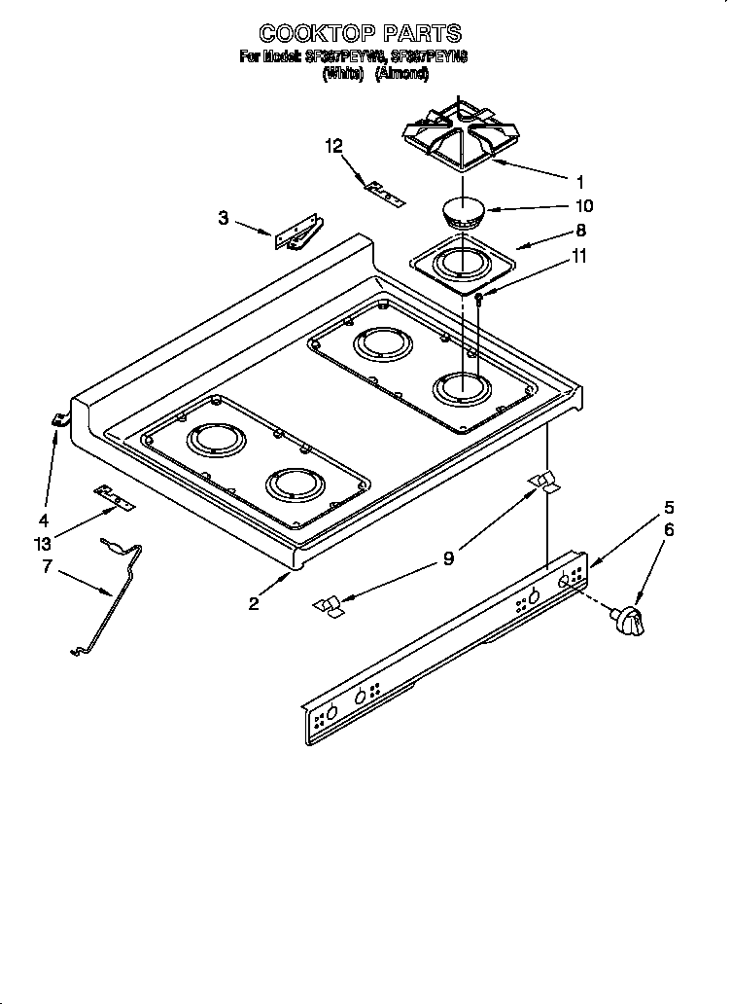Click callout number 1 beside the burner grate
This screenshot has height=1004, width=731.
579,181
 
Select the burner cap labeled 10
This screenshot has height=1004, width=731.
463,213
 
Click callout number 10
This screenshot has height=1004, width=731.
583,206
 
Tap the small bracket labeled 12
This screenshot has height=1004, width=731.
383,192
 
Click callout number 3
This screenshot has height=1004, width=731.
224,218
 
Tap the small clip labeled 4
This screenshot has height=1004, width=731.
60,419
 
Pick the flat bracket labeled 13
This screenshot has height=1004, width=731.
115,499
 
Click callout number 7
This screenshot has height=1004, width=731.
46,566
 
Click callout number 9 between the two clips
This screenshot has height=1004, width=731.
448,558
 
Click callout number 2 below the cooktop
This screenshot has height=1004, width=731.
254,603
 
